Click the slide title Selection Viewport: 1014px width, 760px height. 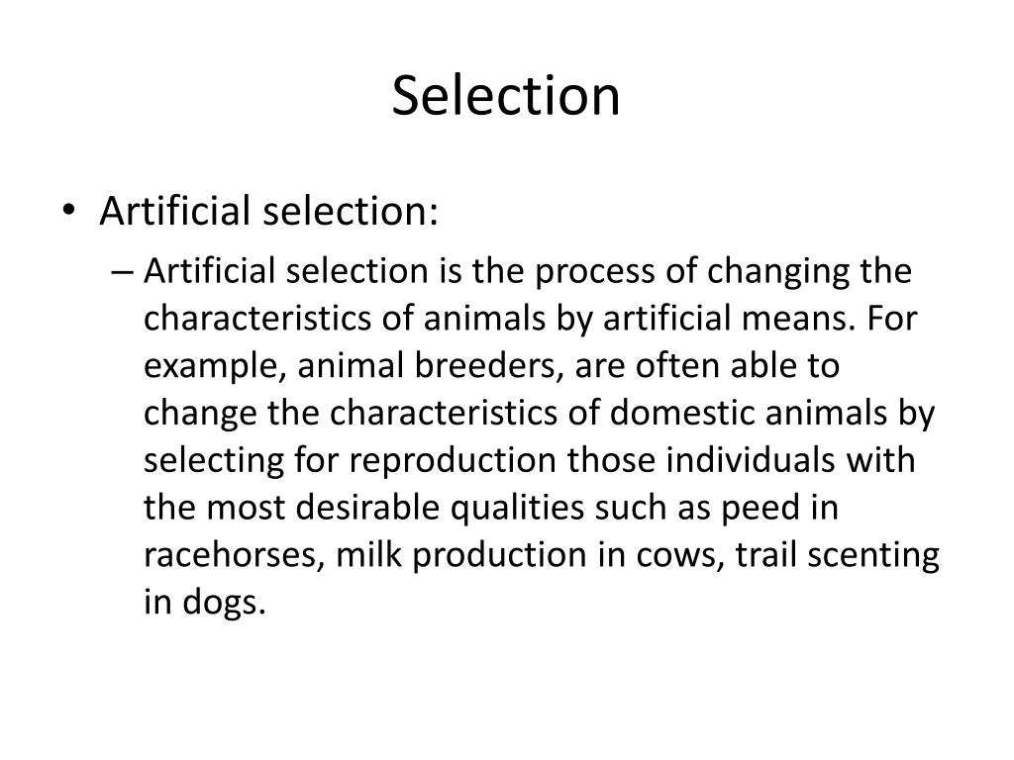pyautogui.click(x=506, y=96)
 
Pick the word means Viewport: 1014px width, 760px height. pyautogui.click(x=808, y=319)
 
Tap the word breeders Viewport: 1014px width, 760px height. pyautogui.click(x=479, y=366)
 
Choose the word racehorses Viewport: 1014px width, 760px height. pyautogui.click(x=236, y=556)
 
